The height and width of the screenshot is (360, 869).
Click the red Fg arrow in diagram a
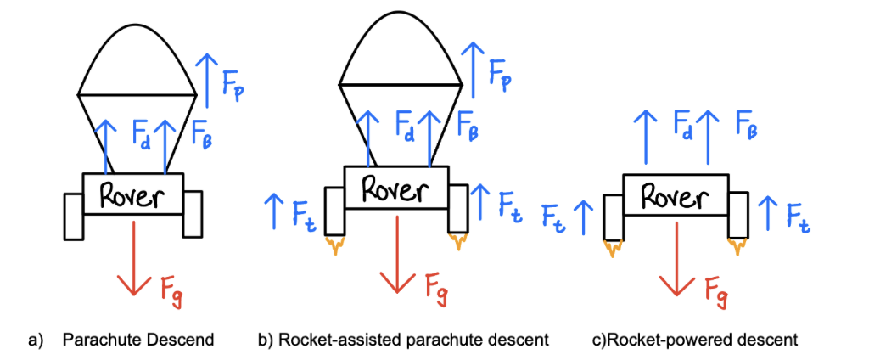click(133, 258)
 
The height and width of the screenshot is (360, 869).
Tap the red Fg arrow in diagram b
click(395, 258)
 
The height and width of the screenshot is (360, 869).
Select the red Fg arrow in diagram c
click(676, 258)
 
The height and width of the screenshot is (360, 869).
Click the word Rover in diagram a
click(132, 194)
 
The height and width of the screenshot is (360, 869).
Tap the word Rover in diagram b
click(395, 189)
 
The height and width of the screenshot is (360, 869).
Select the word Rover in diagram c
click(676, 197)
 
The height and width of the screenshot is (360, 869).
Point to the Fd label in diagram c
click(683, 127)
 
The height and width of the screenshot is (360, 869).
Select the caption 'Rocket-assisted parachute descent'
click(403, 340)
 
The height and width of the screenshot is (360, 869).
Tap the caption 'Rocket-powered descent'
click(696, 340)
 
